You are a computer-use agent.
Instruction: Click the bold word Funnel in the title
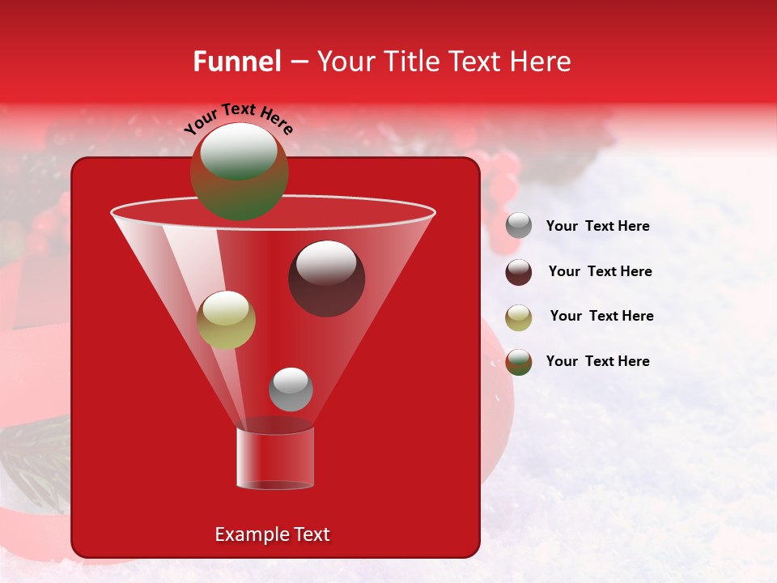236,62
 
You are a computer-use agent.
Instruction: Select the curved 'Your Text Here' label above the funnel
239,118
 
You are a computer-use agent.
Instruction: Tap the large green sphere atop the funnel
239,171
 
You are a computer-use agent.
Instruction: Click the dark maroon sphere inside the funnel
326,279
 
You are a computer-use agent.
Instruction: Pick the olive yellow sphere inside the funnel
226,320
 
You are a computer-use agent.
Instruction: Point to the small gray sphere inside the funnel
291,389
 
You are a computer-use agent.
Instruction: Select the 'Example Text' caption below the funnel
273,534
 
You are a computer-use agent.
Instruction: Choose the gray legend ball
519,226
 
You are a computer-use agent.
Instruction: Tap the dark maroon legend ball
519,272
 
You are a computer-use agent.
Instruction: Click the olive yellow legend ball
519,317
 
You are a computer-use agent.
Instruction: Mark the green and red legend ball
519,362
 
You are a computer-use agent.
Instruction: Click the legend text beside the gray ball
597,227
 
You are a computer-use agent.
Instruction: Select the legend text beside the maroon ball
600,272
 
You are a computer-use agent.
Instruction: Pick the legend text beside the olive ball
601,317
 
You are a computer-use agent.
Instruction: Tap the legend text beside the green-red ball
597,361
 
